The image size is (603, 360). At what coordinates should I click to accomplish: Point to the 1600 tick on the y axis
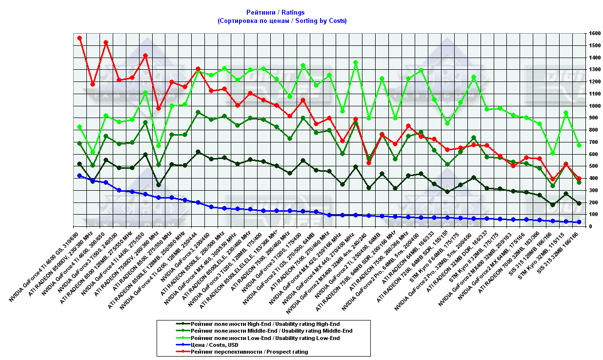(594, 34)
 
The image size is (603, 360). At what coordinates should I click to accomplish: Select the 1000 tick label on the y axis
(594, 106)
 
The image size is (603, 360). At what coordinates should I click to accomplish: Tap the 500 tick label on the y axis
(593, 166)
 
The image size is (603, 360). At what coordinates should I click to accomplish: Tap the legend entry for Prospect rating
(249, 352)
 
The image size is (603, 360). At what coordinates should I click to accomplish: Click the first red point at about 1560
(80, 38)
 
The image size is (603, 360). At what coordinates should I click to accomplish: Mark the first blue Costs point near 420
(80, 176)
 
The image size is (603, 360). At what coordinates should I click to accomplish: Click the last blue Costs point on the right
(579, 222)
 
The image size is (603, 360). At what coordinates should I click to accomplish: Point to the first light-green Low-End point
(80, 127)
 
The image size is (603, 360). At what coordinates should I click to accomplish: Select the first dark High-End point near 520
(80, 164)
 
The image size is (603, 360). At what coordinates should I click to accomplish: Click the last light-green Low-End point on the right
(579, 145)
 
